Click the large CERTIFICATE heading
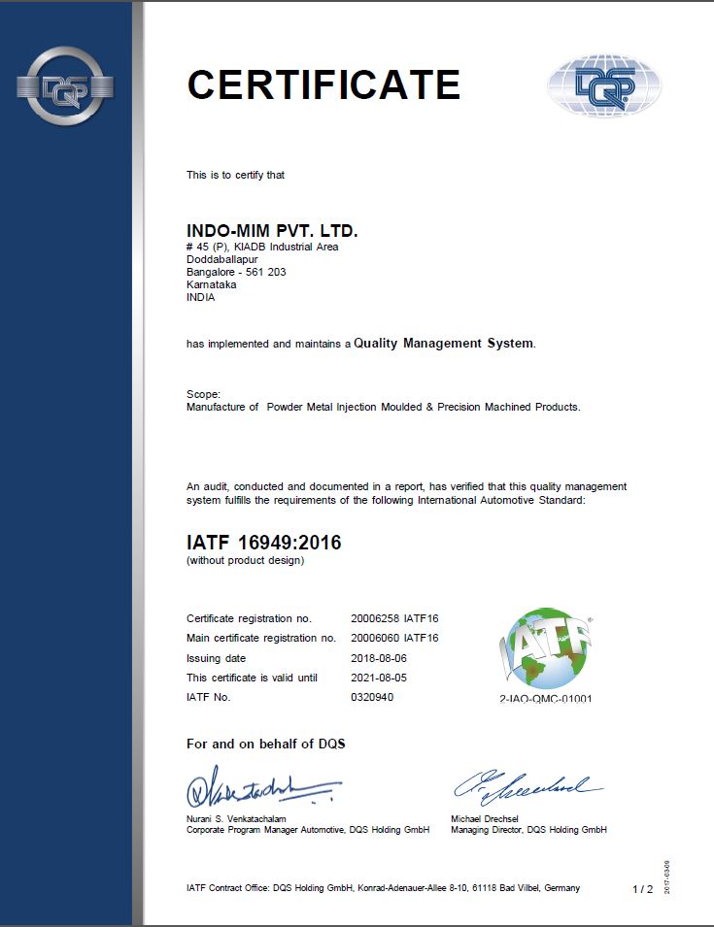(x=323, y=84)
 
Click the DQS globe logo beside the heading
(x=603, y=86)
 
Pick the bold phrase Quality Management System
(x=443, y=343)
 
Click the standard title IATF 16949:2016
(x=263, y=543)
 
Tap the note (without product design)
(x=245, y=561)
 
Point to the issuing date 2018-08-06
(x=380, y=658)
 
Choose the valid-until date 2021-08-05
(x=380, y=678)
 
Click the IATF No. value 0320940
(x=372, y=697)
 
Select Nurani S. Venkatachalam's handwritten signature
(x=262, y=789)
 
